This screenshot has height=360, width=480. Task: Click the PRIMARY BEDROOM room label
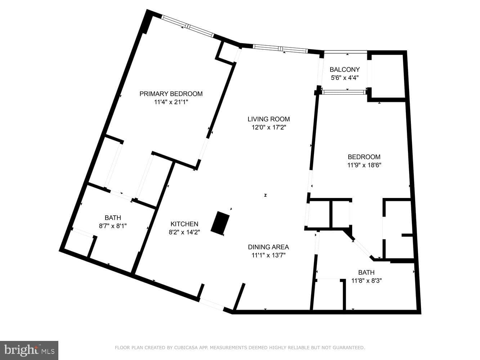click(x=171, y=94)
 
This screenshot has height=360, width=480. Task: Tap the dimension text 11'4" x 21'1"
click(x=171, y=102)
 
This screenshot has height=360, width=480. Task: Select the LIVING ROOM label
click(x=269, y=119)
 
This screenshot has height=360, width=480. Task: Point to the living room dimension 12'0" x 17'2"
click(x=269, y=127)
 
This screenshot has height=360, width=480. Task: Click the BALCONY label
click(x=345, y=69)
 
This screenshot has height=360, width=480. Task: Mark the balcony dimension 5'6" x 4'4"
click(x=345, y=78)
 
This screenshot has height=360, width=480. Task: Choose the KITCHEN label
click(x=184, y=224)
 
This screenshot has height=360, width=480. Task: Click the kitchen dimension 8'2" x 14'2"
click(x=184, y=232)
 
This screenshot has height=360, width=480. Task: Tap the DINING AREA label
click(x=268, y=247)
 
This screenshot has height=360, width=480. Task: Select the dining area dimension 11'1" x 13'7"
click(x=269, y=255)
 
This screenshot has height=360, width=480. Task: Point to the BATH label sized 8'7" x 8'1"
click(x=113, y=218)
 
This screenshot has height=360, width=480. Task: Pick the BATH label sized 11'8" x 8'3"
click(x=366, y=273)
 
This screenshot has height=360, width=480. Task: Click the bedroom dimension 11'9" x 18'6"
click(x=364, y=165)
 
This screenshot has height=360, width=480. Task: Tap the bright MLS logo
click(x=29, y=350)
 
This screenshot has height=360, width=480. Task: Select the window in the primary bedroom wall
click(x=188, y=26)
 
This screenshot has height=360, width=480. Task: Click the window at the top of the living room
click(x=281, y=49)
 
